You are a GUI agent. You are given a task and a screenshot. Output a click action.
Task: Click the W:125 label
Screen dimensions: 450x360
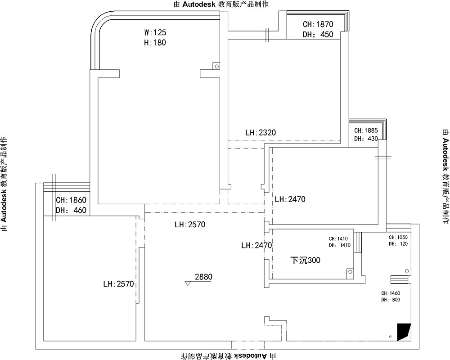coord(155,32)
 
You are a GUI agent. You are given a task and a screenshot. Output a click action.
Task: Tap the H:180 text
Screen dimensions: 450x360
coord(155,42)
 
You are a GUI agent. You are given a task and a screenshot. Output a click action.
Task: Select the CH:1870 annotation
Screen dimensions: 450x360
coord(318,24)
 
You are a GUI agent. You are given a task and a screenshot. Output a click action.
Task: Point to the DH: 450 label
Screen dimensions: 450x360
coord(318,35)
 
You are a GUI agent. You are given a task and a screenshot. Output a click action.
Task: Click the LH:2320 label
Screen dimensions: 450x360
coord(261,132)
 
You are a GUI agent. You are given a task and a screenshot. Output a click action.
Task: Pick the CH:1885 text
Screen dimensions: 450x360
coord(366,130)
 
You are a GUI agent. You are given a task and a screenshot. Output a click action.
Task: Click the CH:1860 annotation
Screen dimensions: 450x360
coord(71,200)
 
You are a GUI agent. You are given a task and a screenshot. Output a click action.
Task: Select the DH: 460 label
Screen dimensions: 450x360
coord(71,210)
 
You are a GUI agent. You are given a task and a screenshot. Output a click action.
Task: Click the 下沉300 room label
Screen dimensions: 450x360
coord(306,261)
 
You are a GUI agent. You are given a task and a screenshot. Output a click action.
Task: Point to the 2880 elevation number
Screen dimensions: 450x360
coord(204,277)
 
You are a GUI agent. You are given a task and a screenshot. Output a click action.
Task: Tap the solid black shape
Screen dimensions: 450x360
coord(403,332)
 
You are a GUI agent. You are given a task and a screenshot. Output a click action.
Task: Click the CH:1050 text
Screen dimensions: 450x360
coord(398,237)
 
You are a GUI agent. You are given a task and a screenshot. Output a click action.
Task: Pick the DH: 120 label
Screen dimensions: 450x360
coord(398,244)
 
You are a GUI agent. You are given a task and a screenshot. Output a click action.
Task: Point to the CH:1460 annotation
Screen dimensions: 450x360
coord(391,293)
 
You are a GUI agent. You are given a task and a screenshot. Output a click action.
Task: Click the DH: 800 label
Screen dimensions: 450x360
coord(391,300)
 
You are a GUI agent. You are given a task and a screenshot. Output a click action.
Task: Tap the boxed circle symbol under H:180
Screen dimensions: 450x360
coord(216,66)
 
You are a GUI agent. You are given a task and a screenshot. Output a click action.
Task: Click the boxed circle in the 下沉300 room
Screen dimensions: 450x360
coord(350,272)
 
